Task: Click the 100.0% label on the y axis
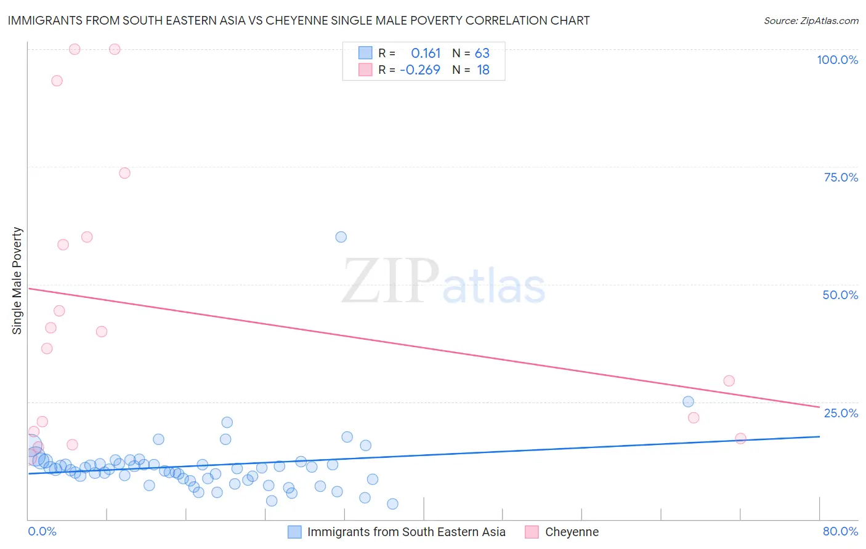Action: (837, 60)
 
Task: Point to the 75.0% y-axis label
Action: (841, 177)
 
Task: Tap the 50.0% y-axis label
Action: (840, 295)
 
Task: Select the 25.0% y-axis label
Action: (841, 412)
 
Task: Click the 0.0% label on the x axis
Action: (42, 531)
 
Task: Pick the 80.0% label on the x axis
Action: (840, 531)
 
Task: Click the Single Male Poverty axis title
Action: (17, 281)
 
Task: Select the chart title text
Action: (299, 20)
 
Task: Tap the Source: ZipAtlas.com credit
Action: (811, 20)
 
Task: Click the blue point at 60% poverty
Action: (341, 237)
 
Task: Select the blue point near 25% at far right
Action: (688, 402)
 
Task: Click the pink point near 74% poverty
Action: (124, 173)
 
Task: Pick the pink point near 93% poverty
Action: (57, 81)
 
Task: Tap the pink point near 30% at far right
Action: (729, 381)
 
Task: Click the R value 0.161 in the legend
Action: (426, 53)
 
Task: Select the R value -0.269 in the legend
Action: (420, 70)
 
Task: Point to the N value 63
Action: (482, 53)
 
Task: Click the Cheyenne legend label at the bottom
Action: (572, 532)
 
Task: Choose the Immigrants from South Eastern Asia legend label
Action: (406, 532)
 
